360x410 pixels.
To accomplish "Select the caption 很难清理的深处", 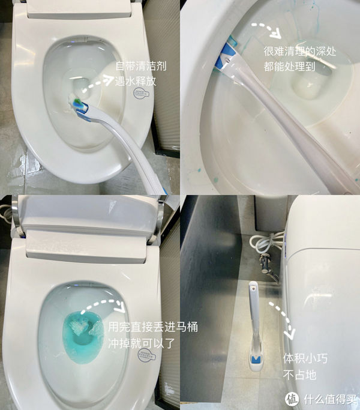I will click(299, 52).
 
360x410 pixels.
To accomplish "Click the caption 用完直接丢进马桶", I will click(152, 328).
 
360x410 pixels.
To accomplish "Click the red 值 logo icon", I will click(292, 399).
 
